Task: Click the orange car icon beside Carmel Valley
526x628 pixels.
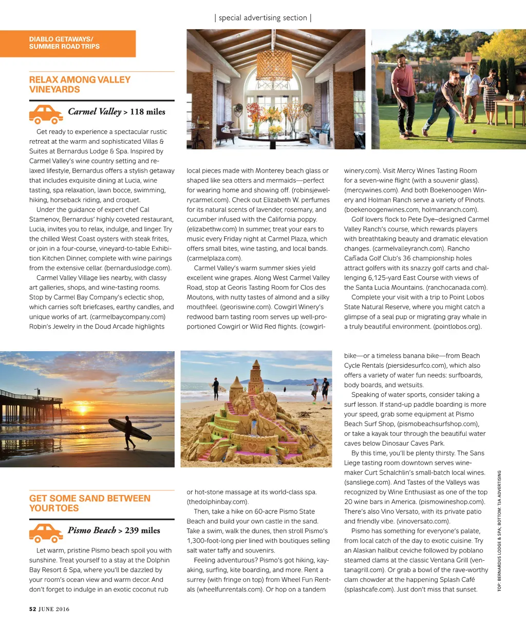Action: click(46, 114)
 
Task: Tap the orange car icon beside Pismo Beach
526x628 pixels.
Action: click(46, 532)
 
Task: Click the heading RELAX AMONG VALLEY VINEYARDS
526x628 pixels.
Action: click(80, 85)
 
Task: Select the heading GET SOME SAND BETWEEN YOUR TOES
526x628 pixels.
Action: click(90, 503)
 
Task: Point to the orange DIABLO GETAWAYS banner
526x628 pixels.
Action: click(68, 43)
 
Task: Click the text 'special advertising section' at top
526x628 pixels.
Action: click(262, 17)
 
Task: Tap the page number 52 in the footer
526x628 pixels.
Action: click(32, 609)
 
